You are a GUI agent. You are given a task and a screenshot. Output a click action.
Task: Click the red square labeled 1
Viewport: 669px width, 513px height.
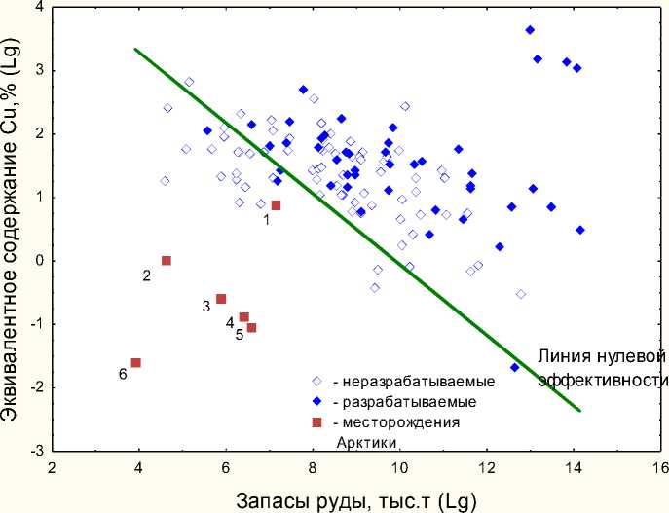coord(276,205)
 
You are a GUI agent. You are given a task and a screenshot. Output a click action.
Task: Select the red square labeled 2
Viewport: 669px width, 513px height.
coord(167,260)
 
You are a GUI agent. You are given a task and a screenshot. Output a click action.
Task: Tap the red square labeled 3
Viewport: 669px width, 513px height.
coord(221,299)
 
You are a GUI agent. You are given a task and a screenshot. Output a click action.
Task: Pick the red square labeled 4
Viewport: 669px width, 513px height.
coord(244,317)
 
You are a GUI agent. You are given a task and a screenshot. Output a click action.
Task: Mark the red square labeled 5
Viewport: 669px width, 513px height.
coord(251,328)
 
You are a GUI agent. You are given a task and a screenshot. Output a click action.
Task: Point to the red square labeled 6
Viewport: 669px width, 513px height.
coord(136,363)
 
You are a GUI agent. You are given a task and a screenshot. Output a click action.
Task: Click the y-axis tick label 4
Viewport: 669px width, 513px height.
coord(40,8)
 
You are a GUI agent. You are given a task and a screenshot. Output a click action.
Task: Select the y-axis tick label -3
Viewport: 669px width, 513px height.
coord(37,451)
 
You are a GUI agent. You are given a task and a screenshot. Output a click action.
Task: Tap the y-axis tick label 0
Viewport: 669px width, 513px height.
coord(40,261)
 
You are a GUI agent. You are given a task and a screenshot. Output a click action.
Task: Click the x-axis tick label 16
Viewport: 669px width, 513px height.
coord(660,468)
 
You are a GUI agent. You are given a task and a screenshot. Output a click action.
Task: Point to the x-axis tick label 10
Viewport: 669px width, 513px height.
coord(399,468)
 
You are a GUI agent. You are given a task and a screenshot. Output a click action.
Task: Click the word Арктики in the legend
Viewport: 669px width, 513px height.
coord(368,442)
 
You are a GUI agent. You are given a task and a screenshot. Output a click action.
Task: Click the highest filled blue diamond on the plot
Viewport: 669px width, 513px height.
coord(530,30)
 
